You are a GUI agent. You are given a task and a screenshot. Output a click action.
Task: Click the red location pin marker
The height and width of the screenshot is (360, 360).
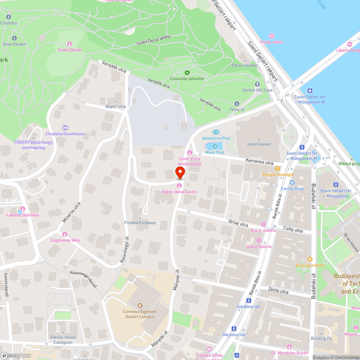pyautogui.click(x=180, y=172)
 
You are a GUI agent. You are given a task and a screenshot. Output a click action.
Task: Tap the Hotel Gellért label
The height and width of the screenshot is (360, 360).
pyautogui.click(x=259, y=144)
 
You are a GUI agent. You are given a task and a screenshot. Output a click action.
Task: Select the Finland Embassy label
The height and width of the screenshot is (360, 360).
pyautogui.click(x=140, y=222)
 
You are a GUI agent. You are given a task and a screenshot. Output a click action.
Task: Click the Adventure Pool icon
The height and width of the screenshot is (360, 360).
pyautogui.click(x=216, y=132)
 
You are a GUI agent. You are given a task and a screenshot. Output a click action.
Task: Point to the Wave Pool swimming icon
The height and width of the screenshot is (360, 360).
pyautogui.click(x=215, y=146)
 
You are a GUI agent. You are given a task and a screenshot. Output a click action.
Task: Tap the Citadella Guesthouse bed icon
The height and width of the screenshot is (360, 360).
pyautogui.click(x=65, y=128)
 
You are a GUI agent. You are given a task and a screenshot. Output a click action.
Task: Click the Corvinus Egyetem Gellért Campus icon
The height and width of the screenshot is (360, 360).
pyautogui.click(x=140, y=306)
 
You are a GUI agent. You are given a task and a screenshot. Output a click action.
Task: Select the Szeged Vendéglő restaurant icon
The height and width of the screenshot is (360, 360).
pyautogui.click(x=277, y=168)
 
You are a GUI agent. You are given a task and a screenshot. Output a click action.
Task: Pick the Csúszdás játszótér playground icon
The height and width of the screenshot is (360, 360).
pyautogui.click(x=187, y=73)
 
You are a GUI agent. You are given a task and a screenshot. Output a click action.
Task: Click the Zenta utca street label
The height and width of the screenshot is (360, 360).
pyautogui.click(x=278, y=290)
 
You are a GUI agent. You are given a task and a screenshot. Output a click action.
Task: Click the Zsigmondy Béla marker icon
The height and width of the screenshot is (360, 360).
pyautogui.click(x=65, y=234)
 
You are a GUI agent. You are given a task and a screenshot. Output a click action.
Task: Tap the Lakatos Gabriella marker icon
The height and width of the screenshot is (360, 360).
pyautogui.click(x=23, y=209)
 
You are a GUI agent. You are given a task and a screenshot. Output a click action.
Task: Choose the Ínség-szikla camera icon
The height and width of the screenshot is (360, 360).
pyautogui.click(x=272, y=36)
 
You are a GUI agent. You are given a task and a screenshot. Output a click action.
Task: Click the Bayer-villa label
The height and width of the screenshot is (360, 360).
pyautogui.click(x=115, y=107)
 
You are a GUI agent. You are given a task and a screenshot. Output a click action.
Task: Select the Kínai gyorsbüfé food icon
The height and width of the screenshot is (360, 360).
pyautogui.click(x=310, y=259)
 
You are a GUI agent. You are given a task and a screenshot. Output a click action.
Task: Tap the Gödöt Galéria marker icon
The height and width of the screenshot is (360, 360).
pyautogui.click(x=258, y=240)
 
